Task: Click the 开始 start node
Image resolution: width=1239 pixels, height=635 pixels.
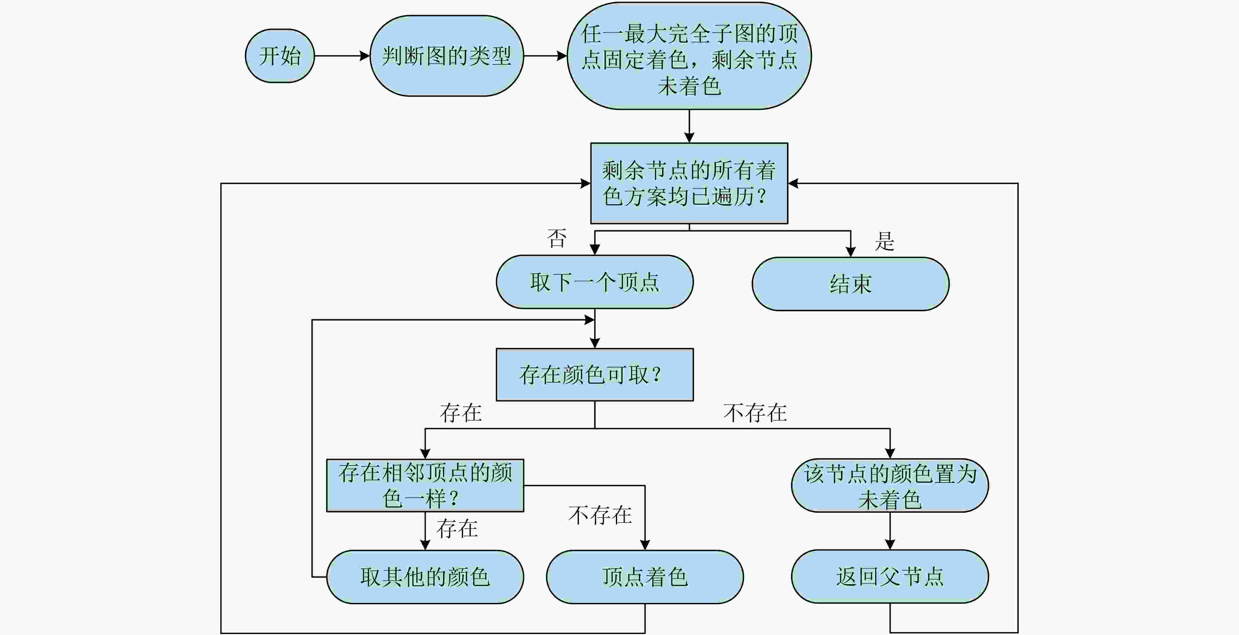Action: [280, 56]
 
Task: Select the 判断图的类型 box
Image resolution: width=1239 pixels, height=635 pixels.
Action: [446, 56]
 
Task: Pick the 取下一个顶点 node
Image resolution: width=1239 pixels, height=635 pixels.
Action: [595, 282]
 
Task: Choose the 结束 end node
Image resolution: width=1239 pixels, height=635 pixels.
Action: [850, 284]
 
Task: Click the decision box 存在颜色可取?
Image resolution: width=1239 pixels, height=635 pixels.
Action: [595, 375]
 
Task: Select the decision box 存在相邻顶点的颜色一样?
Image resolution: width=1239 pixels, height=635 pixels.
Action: [425, 486]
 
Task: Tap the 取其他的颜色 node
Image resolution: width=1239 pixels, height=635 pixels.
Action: [425, 577]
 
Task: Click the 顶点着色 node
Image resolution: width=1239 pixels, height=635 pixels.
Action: [645, 577]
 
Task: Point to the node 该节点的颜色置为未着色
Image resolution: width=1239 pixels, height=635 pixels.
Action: [890, 486]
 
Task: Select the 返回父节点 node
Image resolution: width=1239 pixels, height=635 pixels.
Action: [890, 576]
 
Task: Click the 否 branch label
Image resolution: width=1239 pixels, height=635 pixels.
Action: [557, 238]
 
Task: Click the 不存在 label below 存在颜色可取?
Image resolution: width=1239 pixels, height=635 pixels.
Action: [755, 413]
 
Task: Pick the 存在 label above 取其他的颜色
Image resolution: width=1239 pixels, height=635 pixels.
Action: [457, 529]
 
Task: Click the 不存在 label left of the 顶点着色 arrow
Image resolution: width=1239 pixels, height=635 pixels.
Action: [600, 515]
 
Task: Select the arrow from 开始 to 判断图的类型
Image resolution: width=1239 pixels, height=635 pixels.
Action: [342, 56]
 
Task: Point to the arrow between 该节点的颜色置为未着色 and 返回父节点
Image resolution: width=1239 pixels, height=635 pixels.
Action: [890, 531]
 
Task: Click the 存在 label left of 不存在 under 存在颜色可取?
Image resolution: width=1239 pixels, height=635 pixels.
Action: [461, 413]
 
